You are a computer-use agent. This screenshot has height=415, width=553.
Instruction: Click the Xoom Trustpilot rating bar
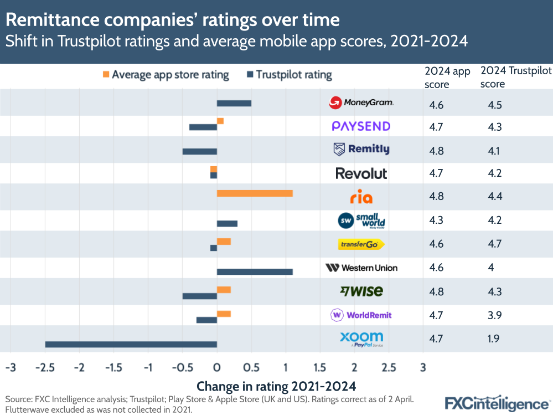[x=131, y=344]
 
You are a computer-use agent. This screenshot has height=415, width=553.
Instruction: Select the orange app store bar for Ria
[x=255, y=193]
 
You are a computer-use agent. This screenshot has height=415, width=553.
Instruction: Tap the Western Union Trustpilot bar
[x=255, y=271]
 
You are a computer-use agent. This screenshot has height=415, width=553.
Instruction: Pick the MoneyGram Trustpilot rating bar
[x=234, y=103]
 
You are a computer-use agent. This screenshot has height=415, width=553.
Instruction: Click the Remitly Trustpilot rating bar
[x=199, y=151]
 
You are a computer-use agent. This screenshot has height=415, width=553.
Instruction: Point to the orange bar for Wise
[x=224, y=289]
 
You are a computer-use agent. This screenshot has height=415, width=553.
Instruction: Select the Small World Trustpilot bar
[x=227, y=223]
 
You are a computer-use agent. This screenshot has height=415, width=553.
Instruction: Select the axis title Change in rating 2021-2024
[x=276, y=386]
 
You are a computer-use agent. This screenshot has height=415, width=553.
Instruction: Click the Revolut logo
[x=361, y=173]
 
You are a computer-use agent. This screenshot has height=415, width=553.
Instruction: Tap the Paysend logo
[x=361, y=126]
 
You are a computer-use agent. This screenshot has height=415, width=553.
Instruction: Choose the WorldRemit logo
[x=361, y=315]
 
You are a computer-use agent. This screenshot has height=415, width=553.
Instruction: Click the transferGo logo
[x=361, y=244]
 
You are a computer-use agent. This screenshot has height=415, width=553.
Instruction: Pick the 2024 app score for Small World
[x=436, y=220]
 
